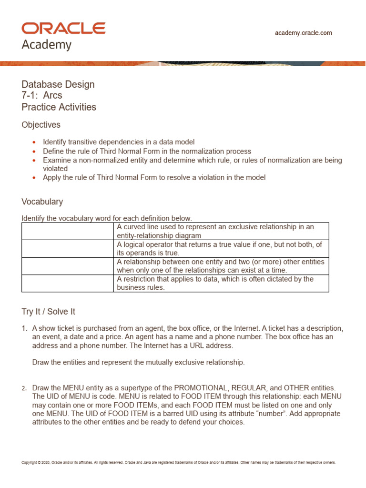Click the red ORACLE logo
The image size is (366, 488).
(x=63, y=28)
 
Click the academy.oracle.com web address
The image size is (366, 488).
(x=304, y=33)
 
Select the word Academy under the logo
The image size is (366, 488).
(x=47, y=45)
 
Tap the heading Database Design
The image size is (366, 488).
(x=58, y=84)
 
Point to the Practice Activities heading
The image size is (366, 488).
(x=59, y=107)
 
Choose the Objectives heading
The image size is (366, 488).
(x=41, y=125)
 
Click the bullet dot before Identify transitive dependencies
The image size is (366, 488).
(x=33, y=142)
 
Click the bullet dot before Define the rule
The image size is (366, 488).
(x=33, y=151)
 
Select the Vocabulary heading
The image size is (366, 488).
(x=42, y=202)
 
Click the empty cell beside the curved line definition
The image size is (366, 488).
(x=68, y=231)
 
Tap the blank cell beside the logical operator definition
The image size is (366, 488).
(x=68, y=248)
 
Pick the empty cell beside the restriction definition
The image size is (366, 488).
(x=68, y=283)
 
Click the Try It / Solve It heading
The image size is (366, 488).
(x=49, y=312)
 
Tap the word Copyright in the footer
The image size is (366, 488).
(x=30, y=462)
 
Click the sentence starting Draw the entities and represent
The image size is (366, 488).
(x=138, y=362)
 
